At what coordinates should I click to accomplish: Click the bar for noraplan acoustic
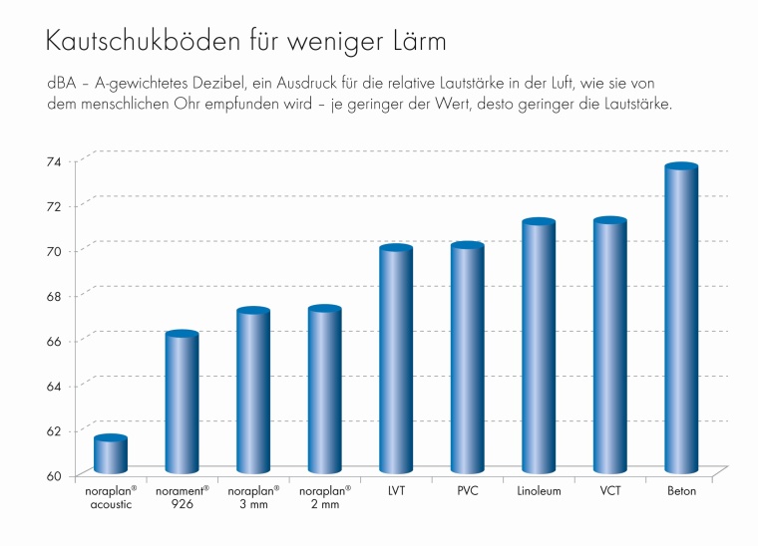110,455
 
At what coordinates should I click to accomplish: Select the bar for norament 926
182,404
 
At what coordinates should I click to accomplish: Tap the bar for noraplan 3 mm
253,393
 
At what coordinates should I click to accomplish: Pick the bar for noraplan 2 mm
325,392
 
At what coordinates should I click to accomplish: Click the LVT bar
396,361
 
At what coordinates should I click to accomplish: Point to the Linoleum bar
539,348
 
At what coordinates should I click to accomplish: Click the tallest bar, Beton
681,320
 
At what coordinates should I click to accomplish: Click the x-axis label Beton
681,491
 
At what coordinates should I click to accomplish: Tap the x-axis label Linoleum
539,491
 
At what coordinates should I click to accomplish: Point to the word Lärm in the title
412,43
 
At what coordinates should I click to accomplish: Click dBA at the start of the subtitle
61,82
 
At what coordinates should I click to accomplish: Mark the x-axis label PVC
468,491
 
